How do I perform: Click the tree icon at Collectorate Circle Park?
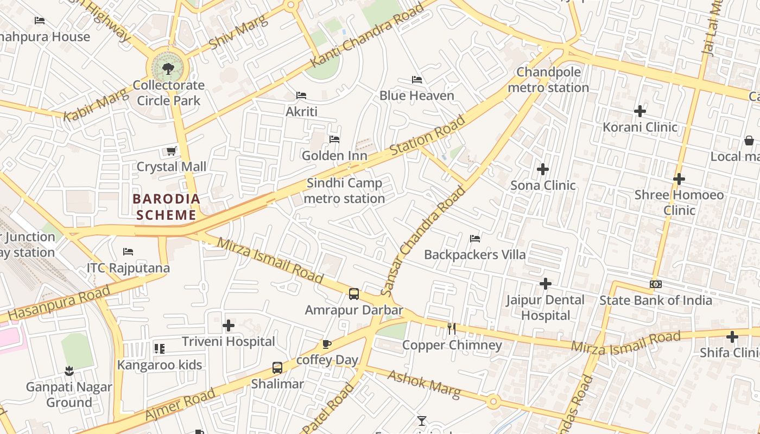click(168, 68)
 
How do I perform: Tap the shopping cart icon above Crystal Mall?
click(172, 151)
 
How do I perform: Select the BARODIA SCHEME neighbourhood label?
click(166, 207)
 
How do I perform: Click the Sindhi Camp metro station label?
click(344, 191)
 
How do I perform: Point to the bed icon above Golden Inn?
click(334, 139)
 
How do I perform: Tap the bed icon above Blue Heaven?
click(417, 80)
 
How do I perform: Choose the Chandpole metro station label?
click(548, 80)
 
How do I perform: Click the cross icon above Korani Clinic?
click(640, 111)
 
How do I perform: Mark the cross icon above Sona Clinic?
click(543, 169)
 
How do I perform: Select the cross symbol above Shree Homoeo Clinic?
click(679, 179)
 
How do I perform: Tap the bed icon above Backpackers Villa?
click(475, 239)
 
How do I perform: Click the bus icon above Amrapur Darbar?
click(354, 294)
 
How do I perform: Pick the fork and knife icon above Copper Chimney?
click(452, 328)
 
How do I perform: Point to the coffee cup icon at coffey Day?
click(327, 344)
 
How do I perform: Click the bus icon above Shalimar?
click(277, 368)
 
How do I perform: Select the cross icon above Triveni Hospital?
click(229, 325)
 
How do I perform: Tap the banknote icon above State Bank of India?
click(656, 284)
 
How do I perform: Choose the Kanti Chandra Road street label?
click(367, 35)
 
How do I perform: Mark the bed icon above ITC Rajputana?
click(128, 252)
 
